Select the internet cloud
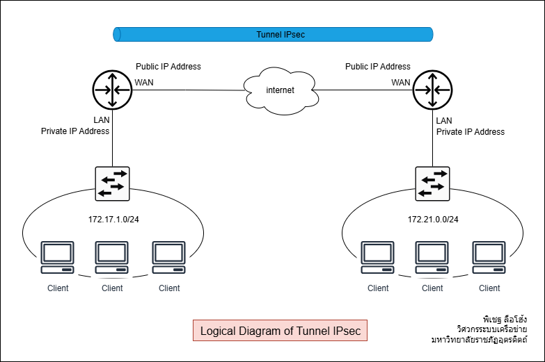pos(281,90)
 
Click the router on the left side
pos(111,90)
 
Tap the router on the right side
pos(432,90)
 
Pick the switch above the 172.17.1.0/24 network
pos(112,183)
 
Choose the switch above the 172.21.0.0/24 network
pos(432,183)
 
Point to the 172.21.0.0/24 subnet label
pos(432,220)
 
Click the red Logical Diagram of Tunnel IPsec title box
pos(280,331)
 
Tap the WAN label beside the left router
pos(144,83)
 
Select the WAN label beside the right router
pos(400,83)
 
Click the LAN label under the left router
pos(102,120)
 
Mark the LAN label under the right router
pos(444,120)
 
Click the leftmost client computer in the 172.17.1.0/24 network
pos(57,258)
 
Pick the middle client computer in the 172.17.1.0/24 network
pos(112,258)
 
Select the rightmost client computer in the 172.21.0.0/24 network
pos(489,258)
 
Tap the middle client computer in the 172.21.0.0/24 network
pos(432,258)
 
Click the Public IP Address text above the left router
pos(168,67)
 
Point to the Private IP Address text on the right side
pos(470,131)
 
